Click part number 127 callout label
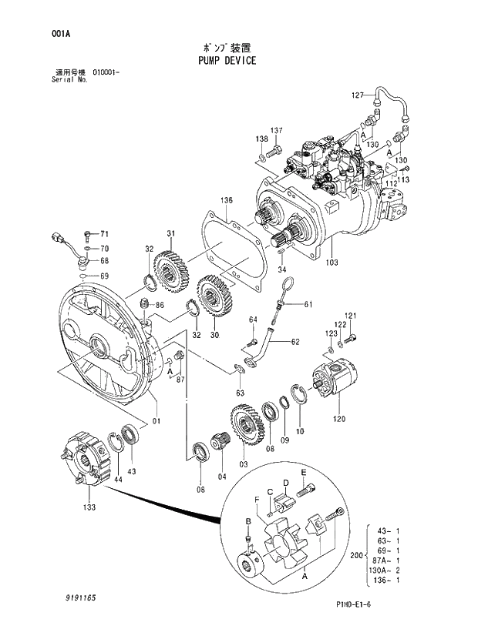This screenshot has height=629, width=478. [x=356, y=95]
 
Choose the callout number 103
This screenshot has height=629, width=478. [x=332, y=263]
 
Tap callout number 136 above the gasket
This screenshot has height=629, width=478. [x=225, y=201]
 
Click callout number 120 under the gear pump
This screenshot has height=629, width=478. [x=339, y=419]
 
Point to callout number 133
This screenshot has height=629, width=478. [x=89, y=507]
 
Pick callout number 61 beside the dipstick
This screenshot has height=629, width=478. [x=308, y=304]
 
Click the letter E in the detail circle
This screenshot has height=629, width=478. [x=304, y=471]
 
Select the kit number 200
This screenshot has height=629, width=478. [x=355, y=555]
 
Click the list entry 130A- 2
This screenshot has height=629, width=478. [x=384, y=570]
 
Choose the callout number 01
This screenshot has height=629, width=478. [x=157, y=420]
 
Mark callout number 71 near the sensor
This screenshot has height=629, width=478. [x=105, y=233]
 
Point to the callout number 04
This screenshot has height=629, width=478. [x=222, y=477]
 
